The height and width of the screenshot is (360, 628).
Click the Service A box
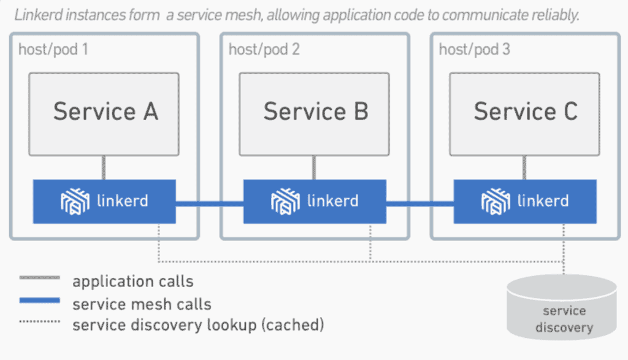pyautogui.click(x=104, y=113)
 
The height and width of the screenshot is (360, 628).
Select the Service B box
pyautogui.click(x=315, y=113)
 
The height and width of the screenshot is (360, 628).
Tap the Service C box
pyautogui.click(x=525, y=113)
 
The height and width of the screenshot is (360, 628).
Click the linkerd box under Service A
pyautogui.click(x=104, y=201)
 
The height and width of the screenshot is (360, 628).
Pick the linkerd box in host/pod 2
pyautogui.click(x=315, y=201)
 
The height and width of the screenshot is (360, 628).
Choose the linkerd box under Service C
pyautogui.click(x=525, y=201)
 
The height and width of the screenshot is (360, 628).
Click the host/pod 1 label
pyautogui.click(x=53, y=49)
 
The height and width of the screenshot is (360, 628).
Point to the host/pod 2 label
pyautogui.click(x=264, y=49)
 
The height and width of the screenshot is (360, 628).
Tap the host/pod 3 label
pyautogui.click(x=474, y=49)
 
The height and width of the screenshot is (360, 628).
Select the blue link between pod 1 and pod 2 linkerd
pyautogui.click(x=210, y=202)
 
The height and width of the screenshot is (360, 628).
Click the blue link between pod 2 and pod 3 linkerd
pyautogui.click(x=420, y=202)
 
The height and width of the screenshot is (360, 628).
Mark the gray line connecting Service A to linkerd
pyautogui.click(x=104, y=167)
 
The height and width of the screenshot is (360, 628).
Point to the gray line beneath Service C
pyautogui.click(x=525, y=167)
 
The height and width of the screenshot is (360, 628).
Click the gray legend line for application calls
pyautogui.click(x=39, y=278)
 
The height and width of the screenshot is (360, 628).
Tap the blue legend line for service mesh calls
pyautogui.click(x=39, y=301)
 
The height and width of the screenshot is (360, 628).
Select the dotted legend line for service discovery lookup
pyautogui.click(x=39, y=321)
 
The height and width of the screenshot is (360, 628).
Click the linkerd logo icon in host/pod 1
pyautogui.click(x=75, y=201)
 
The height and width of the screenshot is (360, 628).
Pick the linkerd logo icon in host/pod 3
pyautogui.click(x=496, y=201)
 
